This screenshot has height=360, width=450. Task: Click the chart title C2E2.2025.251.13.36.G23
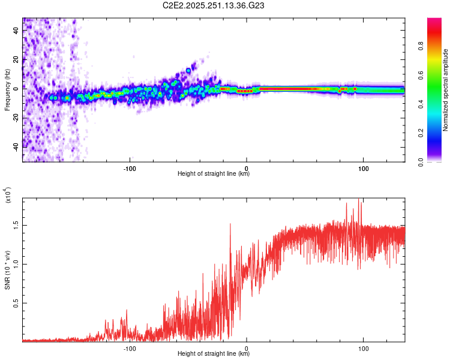pos(225,5)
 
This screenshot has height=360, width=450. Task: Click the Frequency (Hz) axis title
pos(7,90)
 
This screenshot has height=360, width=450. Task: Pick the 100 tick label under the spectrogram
pos(363,168)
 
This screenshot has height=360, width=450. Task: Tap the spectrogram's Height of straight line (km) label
pos(214,174)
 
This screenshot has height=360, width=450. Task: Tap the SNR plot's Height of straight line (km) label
pos(214,354)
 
